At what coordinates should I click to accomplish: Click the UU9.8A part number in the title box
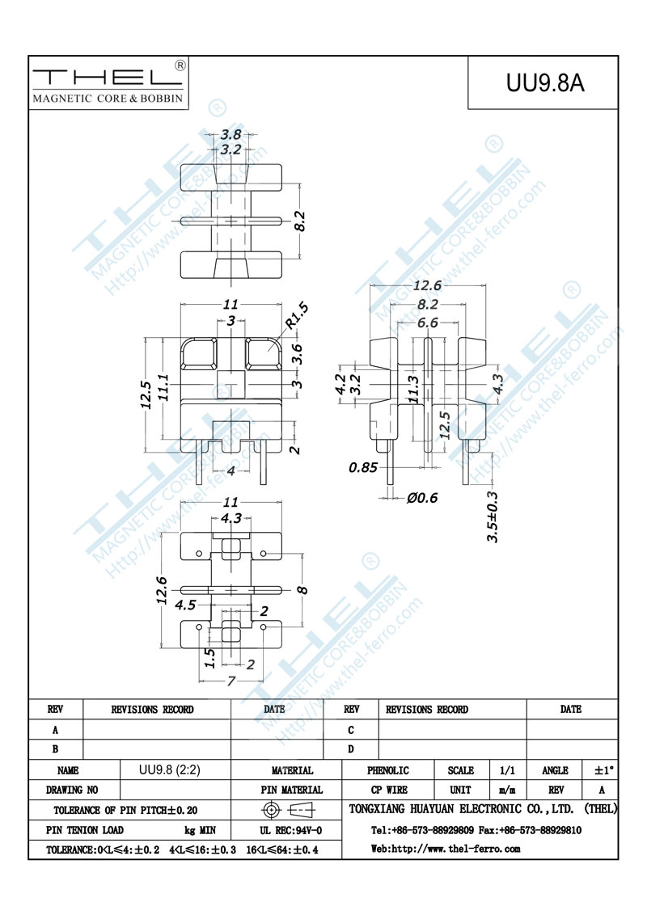tap(545, 83)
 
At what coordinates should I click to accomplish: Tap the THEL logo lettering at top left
tap(108, 78)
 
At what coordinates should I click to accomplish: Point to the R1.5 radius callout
tap(298, 316)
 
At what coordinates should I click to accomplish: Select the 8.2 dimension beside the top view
tap(300, 221)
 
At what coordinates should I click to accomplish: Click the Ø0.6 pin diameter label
tap(422, 498)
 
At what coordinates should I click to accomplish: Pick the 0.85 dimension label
tap(363, 467)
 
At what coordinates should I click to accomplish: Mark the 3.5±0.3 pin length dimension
tap(493, 517)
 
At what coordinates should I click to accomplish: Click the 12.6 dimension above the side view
tap(427, 285)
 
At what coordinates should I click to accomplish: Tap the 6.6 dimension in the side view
tap(428, 323)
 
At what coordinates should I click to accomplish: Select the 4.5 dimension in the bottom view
tap(185, 605)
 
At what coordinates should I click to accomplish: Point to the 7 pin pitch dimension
tap(231, 681)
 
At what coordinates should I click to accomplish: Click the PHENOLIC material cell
tap(387, 770)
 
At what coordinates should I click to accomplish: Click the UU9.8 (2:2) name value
tap(169, 770)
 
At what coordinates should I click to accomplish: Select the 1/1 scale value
tap(507, 770)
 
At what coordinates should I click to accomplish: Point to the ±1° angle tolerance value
tap(604, 770)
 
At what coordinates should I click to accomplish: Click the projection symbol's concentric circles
tap(270, 810)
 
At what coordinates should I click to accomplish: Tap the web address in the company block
tap(446, 849)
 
